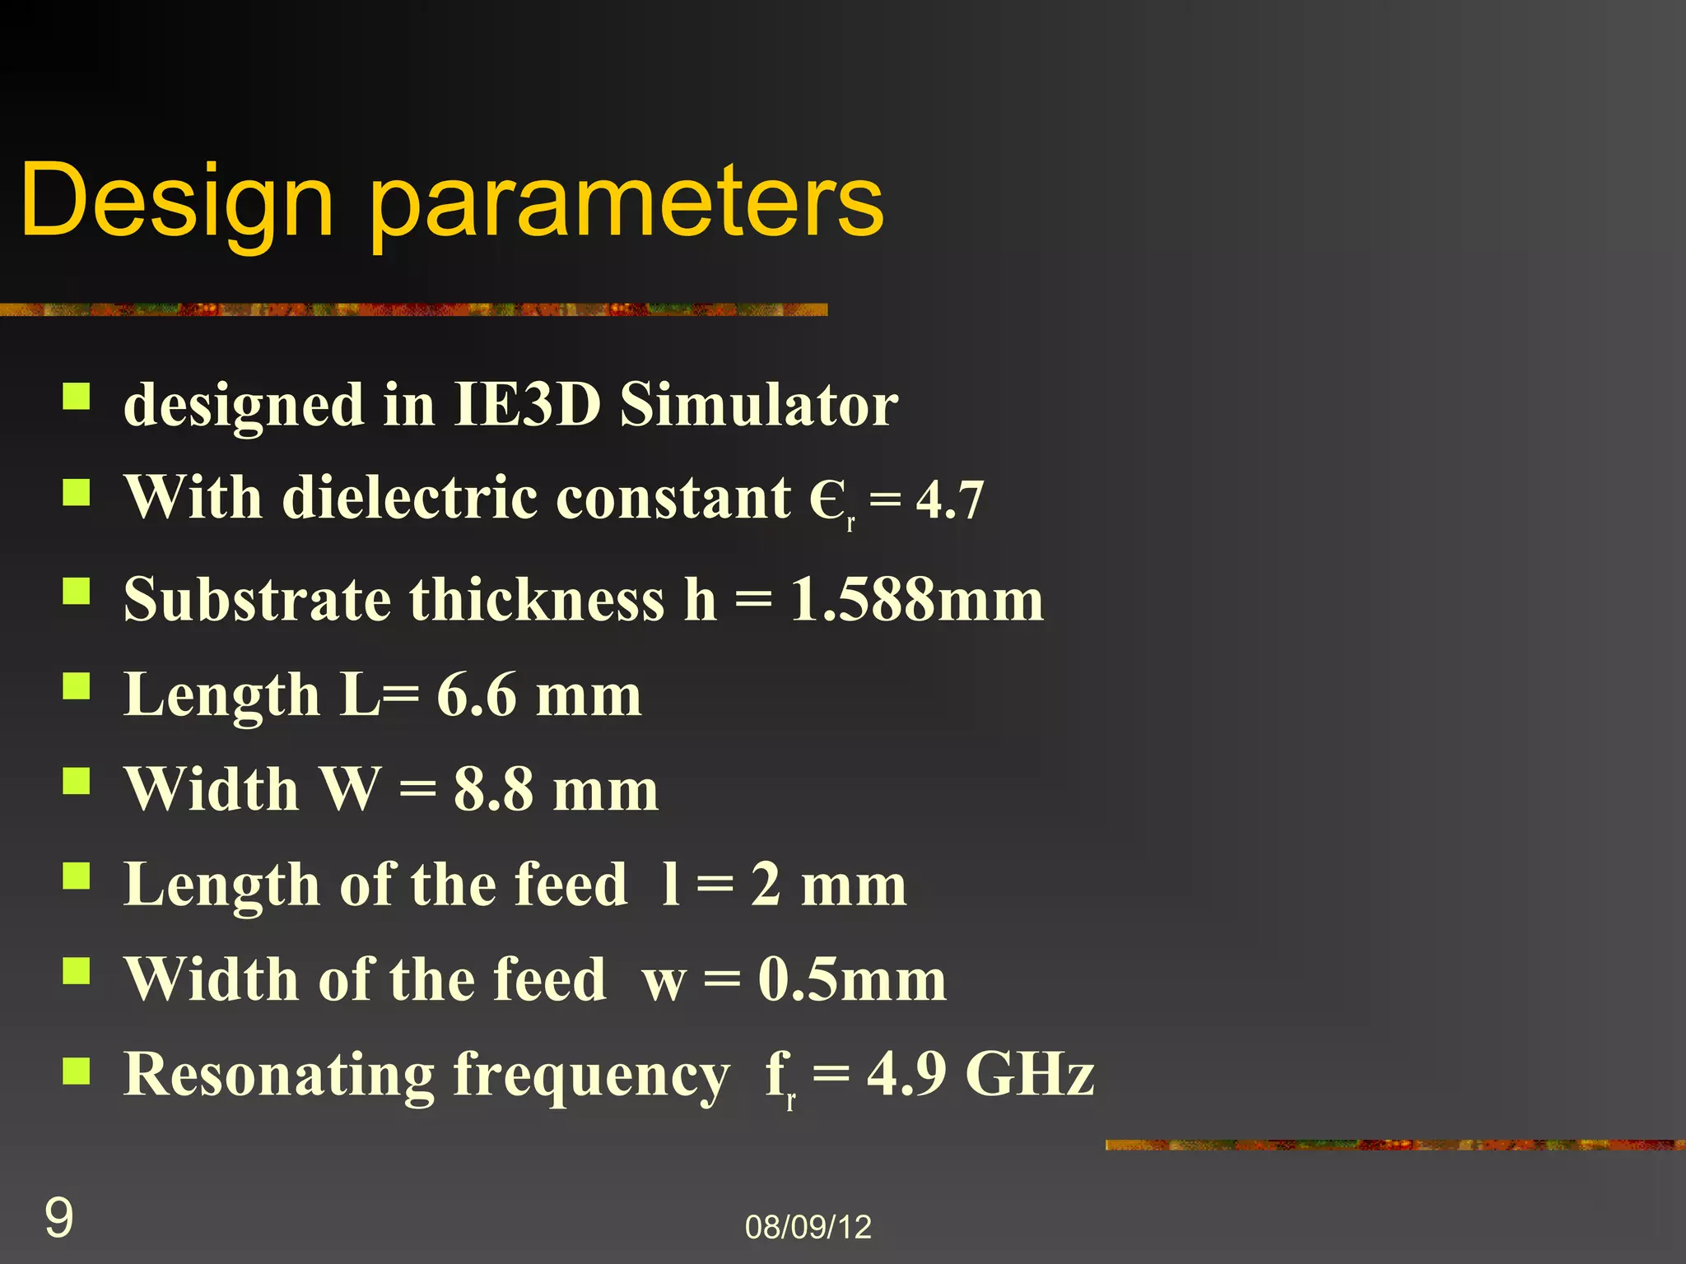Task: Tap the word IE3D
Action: [x=526, y=405]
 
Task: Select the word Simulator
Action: [x=758, y=405]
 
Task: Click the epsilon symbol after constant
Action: [x=827, y=499]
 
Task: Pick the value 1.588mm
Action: [x=916, y=599]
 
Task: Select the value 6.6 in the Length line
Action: [x=476, y=695]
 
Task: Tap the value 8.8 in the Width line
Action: [x=493, y=790]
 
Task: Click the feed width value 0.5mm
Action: [x=852, y=979]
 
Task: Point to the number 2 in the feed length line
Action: [x=766, y=885]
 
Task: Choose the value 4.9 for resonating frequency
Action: [x=906, y=1074]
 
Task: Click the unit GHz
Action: [x=1029, y=1074]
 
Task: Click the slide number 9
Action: [x=58, y=1218]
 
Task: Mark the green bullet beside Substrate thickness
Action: [x=77, y=590]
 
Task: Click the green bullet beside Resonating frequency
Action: [x=77, y=1070]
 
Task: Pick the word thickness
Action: [x=537, y=599]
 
